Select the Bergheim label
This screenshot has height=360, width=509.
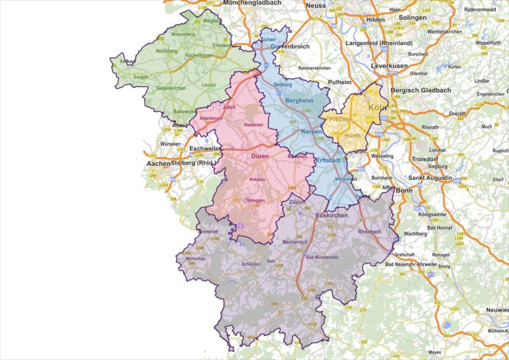tap(299, 100)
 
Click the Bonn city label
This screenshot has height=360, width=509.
tap(405, 190)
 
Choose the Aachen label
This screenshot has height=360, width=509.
tap(158, 163)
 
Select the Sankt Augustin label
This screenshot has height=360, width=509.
tap(430, 177)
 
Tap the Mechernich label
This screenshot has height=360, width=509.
tap(295, 242)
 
